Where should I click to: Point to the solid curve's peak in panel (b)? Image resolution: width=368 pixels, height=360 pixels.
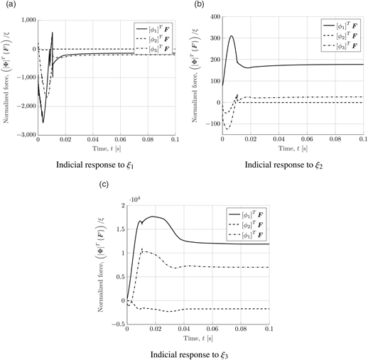coord(232,36)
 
